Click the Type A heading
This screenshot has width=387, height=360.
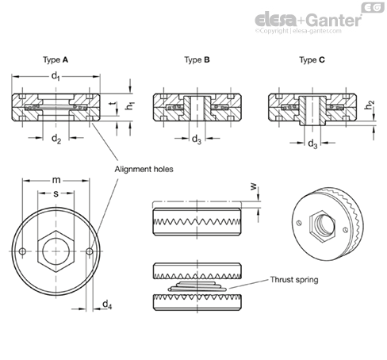(56, 60)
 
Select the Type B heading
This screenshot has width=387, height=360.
(197, 60)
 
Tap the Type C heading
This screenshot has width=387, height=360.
(312, 60)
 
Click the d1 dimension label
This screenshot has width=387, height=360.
(56, 77)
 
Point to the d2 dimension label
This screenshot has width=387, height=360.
(56, 139)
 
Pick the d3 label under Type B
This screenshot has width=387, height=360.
(197, 139)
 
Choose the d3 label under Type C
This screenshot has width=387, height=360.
(312, 144)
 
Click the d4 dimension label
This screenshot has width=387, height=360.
(107, 304)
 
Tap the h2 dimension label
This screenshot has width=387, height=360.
(370, 105)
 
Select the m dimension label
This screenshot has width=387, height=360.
(56, 180)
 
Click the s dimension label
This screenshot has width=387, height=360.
(56, 193)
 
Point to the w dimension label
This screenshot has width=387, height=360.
(254, 187)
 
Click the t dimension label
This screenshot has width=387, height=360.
(113, 105)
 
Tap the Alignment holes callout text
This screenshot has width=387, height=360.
(144, 169)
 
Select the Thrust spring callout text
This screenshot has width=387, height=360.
(294, 280)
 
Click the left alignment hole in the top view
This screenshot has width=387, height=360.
(23, 251)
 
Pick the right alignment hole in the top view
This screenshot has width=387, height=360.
(90, 251)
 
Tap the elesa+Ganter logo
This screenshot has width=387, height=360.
(308, 21)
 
